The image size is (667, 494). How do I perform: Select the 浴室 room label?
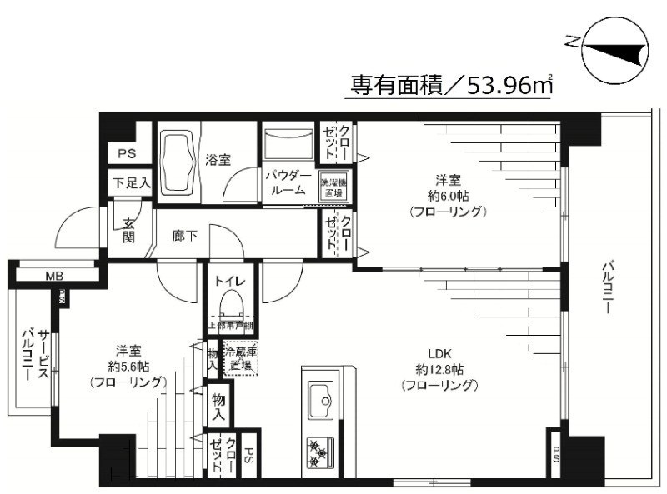218,159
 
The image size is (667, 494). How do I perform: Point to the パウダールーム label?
288,183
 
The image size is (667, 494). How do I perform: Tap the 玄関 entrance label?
129,229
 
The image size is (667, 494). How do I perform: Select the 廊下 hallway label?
184,237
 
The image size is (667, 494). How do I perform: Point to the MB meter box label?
54,277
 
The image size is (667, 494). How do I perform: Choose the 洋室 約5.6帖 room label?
127,366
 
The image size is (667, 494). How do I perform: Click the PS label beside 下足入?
126,154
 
